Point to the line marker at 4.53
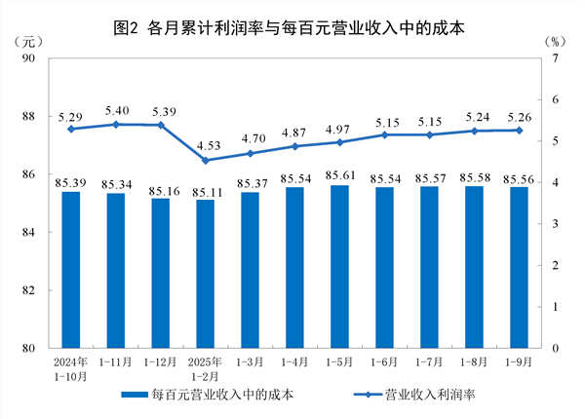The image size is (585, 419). click(x=205, y=160)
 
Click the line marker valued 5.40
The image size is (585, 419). click(x=115, y=125)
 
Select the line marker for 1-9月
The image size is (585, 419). click(x=519, y=131)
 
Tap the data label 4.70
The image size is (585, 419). click(x=250, y=139)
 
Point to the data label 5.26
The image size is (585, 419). click(x=519, y=116)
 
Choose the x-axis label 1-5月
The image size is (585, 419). click(x=339, y=362)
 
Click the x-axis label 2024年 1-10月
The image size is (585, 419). click(x=70, y=368)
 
